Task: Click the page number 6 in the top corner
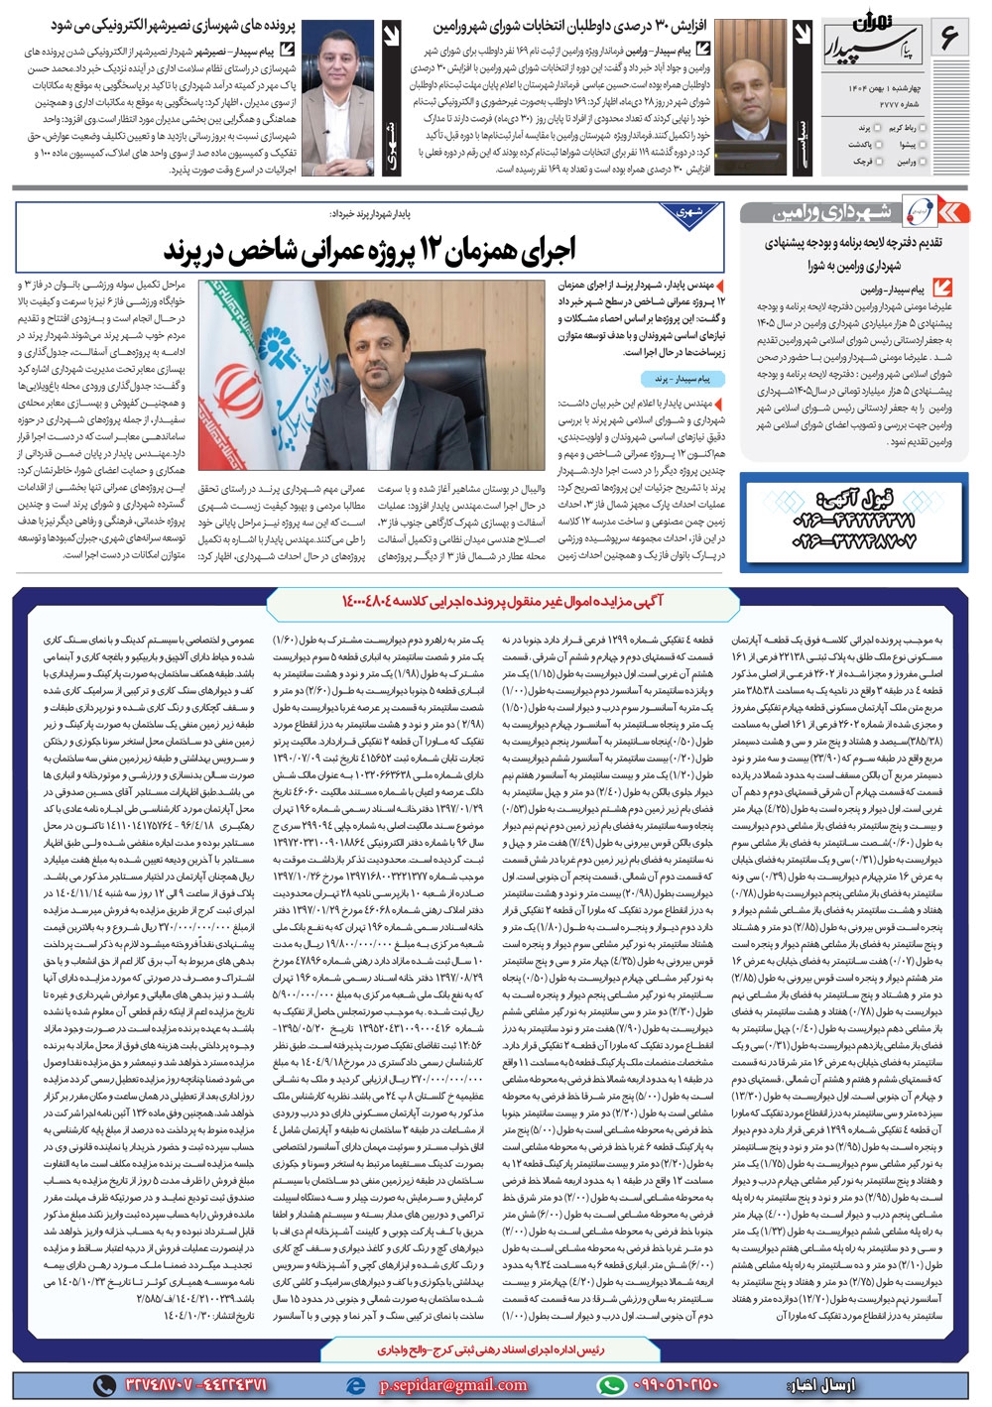pos(948,40)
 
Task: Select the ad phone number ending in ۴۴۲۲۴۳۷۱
pos(853,520)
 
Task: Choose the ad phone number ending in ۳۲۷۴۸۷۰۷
pos(853,541)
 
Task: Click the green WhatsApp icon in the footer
pos(612,1385)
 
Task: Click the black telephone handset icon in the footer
pos(105,1385)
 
